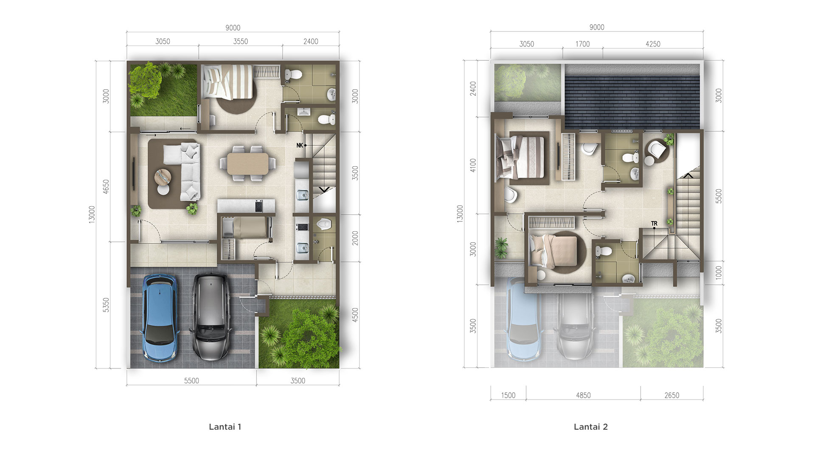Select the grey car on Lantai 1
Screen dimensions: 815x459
coord(211,317)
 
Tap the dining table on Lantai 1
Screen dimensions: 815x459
coord(247,164)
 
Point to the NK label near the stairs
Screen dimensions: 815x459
coord(300,145)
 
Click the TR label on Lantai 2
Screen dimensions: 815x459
coord(654,224)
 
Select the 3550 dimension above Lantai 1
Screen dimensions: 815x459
coord(241,41)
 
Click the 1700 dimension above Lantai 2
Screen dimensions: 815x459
coord(582,44)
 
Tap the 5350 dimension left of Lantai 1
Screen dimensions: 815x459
coord(106,305)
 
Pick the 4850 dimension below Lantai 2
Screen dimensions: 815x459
coord(583,395)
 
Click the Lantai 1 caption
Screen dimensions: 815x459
coord(225,427)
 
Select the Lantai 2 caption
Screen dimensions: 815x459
coord(591,427)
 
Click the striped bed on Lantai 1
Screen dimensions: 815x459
coord(228,82)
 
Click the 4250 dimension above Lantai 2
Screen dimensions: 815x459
coord(653,44)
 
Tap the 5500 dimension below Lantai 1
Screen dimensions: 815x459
coord(191,381)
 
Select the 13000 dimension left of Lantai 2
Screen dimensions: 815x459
coord(460,214)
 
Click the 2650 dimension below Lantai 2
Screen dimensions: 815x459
coord(672,395)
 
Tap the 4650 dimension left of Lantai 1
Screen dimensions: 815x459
coord(106,187)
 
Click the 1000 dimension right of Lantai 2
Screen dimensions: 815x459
coord(719,272)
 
